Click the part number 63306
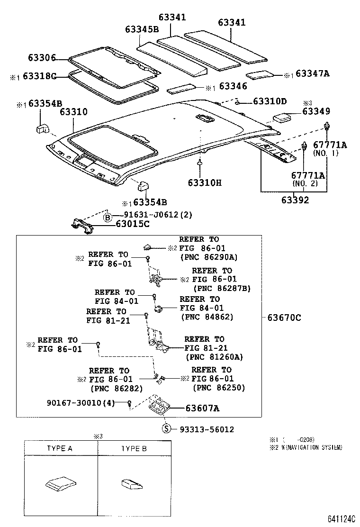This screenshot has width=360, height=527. pyautogui.click(x=42, y=58)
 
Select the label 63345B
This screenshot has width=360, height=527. pyautogui.click(x=142, y=29)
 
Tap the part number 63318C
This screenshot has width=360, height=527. pyautogui.click(x=39, y=76)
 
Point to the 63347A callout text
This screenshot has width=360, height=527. pyautogui.click(x=312, y=74)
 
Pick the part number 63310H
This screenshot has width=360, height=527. pyautogui.click(x=204, y=182)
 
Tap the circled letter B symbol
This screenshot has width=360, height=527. pyautogui.click(x=108, y=218)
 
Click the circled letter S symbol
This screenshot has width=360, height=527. pyautogui.click(x=166, y=429)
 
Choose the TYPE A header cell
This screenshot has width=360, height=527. pyautogui.click(x=60, y=448)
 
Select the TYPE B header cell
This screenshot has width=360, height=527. pyautogui.click(x=134, y=448)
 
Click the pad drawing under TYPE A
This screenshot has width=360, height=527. pyautogui.click(x=60, y=483)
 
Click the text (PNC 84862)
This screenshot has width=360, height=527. pyautogui.click(x=207, y=317)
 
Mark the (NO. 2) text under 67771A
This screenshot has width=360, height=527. pyautogui.click(x=308, y=183)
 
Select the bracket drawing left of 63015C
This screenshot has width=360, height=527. pyautogui.click(x=83, y=226)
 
